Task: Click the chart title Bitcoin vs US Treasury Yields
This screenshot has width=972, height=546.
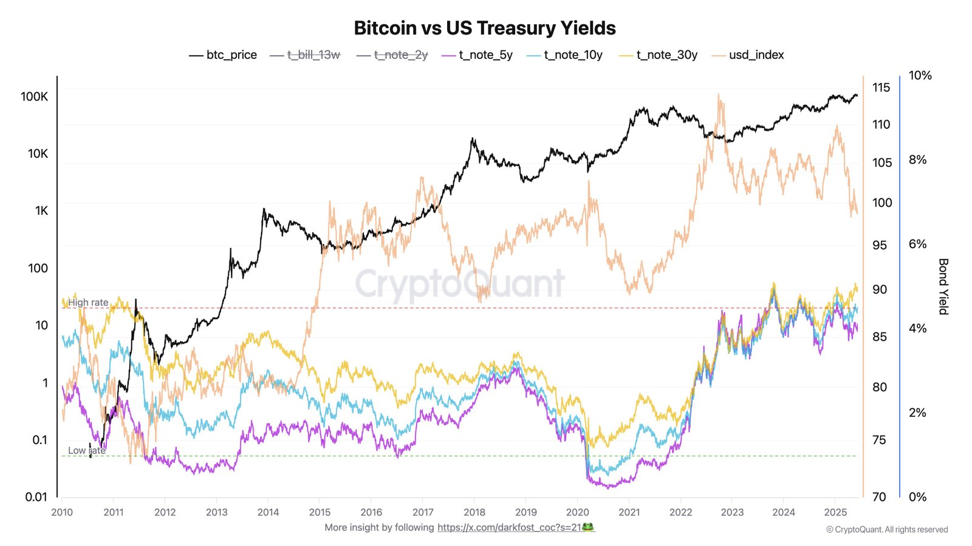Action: (484, 28)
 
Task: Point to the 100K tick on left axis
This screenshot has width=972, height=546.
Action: (34, 96)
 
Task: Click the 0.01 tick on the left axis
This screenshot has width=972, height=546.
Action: (36, 497)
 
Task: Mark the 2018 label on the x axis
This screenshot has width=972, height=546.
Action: (474, 512)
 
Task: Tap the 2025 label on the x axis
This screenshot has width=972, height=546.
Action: (835, 512)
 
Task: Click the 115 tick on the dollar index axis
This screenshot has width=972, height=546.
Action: (881, 87)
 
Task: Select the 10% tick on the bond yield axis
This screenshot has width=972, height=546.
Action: (920, 75)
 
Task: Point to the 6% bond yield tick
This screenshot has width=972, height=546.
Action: (917, 244)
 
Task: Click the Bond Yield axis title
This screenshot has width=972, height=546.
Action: (943, 286)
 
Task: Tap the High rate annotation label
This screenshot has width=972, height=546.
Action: (88, 302)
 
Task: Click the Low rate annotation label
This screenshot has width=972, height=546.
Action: (86, 450)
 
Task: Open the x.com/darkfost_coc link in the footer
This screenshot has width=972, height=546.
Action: (515, 527)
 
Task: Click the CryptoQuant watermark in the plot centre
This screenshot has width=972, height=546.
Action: (460, 283)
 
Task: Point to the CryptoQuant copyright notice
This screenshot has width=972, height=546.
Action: (886, 530)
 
